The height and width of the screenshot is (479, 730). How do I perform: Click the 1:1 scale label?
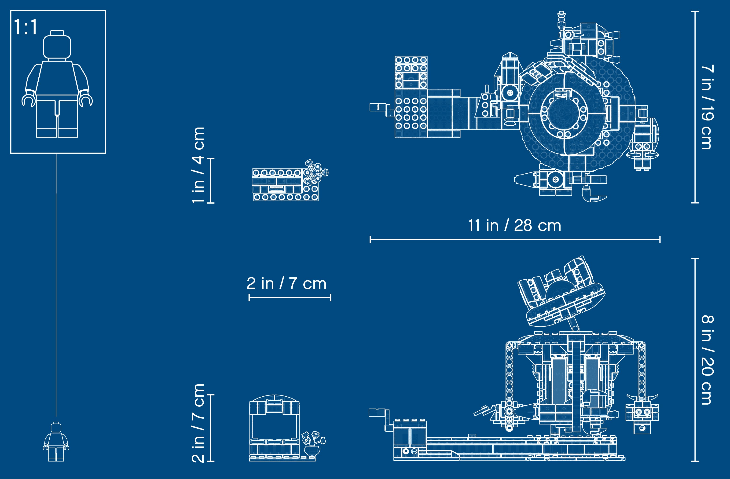click(26, 27)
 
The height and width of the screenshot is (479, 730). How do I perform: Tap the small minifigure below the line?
click(56, 441)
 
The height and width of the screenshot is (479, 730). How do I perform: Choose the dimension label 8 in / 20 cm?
click(708, 360)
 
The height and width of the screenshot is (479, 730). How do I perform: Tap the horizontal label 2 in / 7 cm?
click(286, 283)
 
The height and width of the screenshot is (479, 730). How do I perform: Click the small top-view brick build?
click(290, 181)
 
